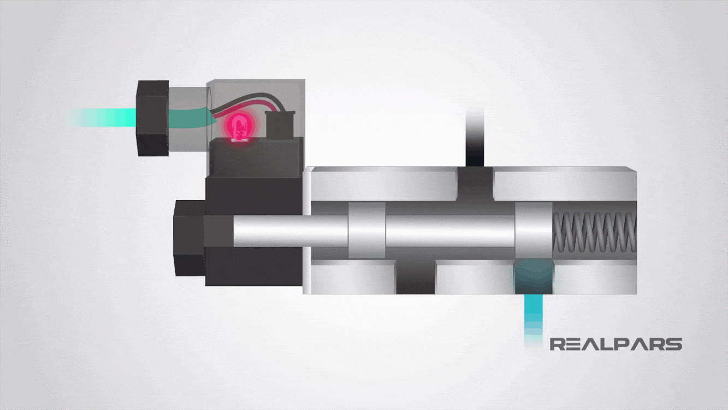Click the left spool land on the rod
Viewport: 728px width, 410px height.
(x=366, y=230)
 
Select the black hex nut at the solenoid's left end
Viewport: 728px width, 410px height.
(x=188, y=237)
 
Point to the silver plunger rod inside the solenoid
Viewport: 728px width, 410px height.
(x=289, y=230)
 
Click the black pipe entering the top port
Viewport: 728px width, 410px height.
(x=475, y=137)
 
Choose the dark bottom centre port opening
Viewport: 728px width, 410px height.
(x=415, y=276)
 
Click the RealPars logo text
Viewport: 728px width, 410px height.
(x=615, y=344)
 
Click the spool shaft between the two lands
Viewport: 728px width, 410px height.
(x=451, y=230)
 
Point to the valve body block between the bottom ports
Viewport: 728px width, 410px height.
(x=474, y=276)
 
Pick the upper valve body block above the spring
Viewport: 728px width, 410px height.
(x=565, y=183)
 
